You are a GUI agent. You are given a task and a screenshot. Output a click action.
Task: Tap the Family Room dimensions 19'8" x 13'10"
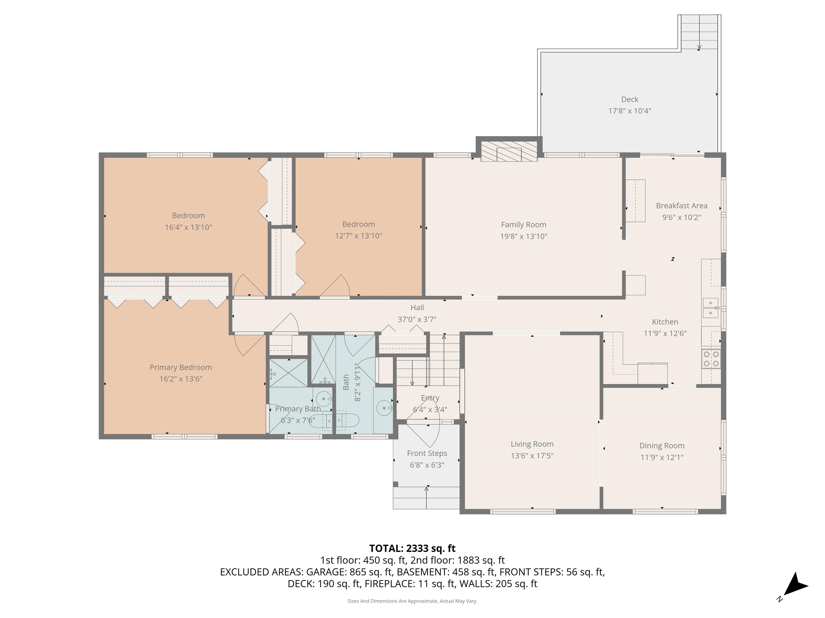tap(524, 236)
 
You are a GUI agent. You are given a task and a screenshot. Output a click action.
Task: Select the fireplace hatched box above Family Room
tap(509, 151)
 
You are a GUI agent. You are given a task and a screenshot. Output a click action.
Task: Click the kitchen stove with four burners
tap(711, 359)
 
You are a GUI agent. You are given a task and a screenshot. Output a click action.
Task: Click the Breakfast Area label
tap(681, 206)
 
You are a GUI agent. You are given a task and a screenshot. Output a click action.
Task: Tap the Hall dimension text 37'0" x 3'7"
tap(417, 319)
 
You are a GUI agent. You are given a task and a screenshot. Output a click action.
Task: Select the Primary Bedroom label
tap(181, 367)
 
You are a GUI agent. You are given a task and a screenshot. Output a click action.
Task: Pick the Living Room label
tap(532, 444)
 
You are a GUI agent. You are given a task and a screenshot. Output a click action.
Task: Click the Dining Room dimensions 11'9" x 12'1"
tap(662, 457)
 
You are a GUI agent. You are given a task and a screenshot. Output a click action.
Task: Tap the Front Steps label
tap(427, 453)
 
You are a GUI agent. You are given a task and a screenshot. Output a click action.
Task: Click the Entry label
tap(430, 398)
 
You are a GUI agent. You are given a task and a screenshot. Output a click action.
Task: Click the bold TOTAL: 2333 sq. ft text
tap(412, 548)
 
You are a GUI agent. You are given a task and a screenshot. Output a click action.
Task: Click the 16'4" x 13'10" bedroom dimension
tap(188, 227)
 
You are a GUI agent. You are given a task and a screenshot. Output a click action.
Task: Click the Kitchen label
tap(665, 322)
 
